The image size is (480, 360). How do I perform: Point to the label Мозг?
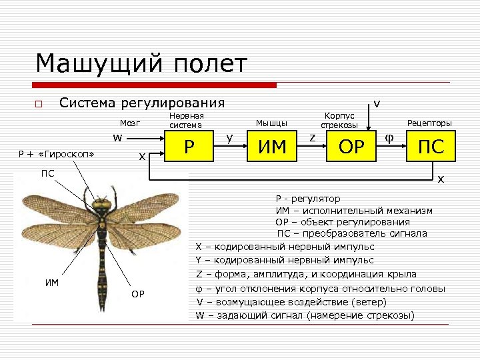(x=129, y=123)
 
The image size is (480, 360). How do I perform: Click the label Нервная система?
(x=186, y=120)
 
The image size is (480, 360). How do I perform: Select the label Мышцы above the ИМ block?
(x=271, y=123)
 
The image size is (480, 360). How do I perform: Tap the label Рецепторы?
(x=429, y=123)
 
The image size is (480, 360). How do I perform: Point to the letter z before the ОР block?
(x=311, y=138)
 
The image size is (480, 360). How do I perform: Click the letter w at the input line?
(x=117, y=138)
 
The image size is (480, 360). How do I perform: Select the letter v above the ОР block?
(x=377, y=103)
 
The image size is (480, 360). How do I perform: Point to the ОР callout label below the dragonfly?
(x=138, y=294)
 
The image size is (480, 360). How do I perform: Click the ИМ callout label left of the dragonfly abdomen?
(x=52, y=282)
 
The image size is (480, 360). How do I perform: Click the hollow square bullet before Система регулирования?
(x=39, y=104)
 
